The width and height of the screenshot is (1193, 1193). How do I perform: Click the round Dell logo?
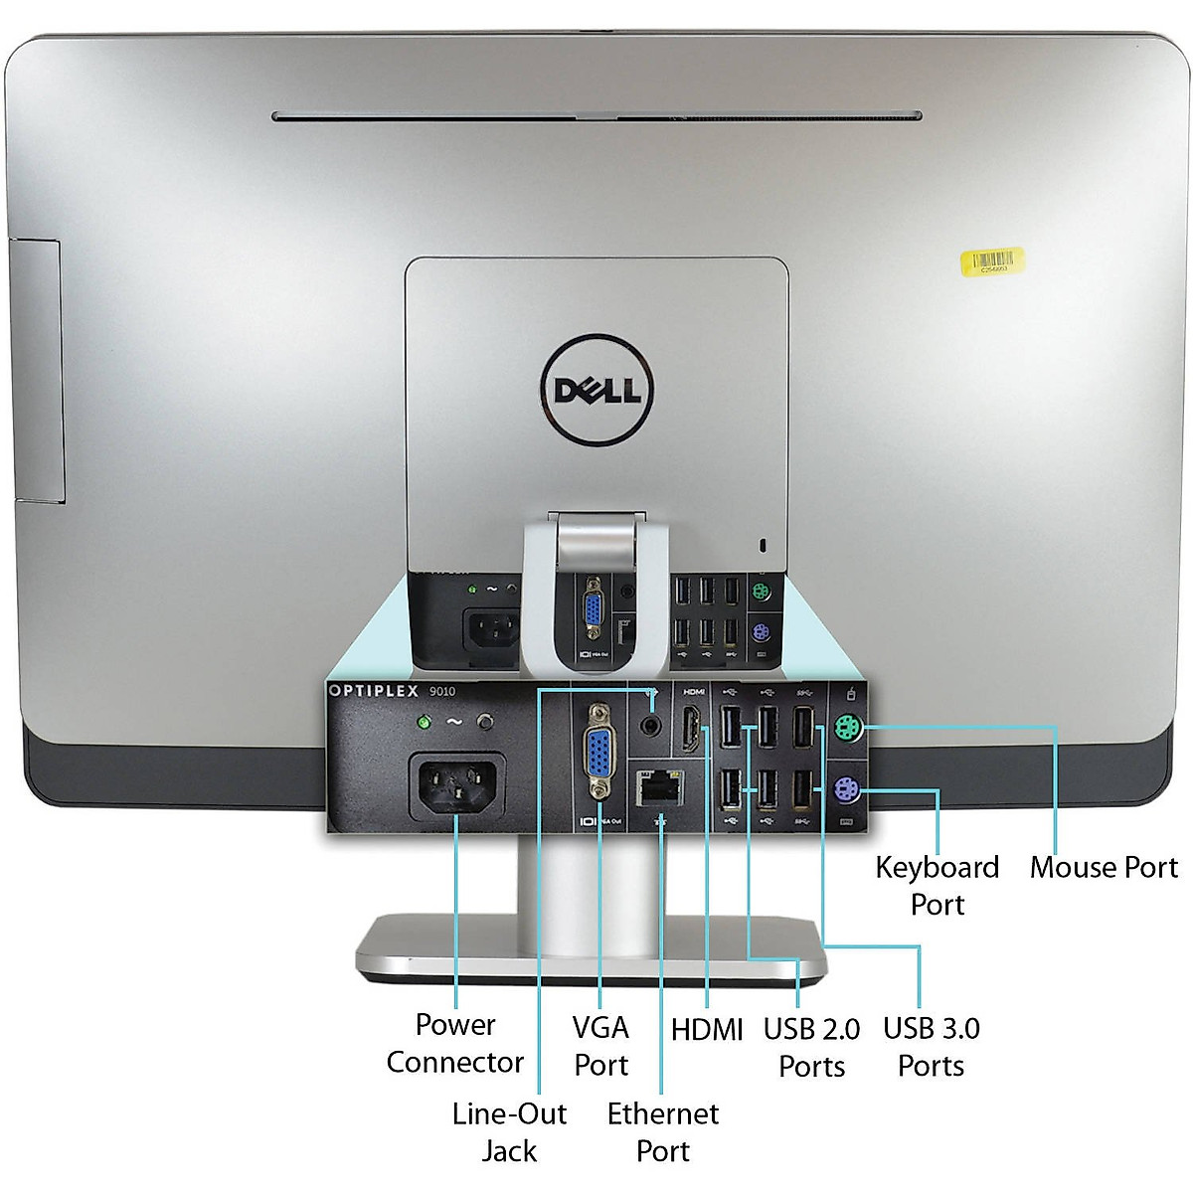[596, 389]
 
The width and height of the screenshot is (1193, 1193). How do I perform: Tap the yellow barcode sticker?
[991, 261]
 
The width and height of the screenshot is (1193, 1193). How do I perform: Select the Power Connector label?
[455, 1043]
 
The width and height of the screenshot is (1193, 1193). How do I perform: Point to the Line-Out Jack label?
[509, 1131]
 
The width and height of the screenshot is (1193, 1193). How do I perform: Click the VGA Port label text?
[601, 1046]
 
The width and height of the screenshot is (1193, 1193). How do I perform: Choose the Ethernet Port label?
[663, 1131]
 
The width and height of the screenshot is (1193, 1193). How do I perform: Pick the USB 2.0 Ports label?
[811, 1047]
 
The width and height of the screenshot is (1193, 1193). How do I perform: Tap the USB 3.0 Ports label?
[932, 1046]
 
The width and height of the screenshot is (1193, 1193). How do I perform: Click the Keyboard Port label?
[937, 885]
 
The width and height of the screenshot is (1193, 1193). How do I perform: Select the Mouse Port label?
[1104, 867]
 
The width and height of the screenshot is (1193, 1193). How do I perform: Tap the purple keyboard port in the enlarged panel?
[847, 791]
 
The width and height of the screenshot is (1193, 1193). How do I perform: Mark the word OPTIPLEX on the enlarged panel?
[374, 691]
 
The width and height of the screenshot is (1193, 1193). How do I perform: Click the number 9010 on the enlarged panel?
[442, 691]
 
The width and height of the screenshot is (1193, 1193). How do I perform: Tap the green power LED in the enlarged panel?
[426, 722]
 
